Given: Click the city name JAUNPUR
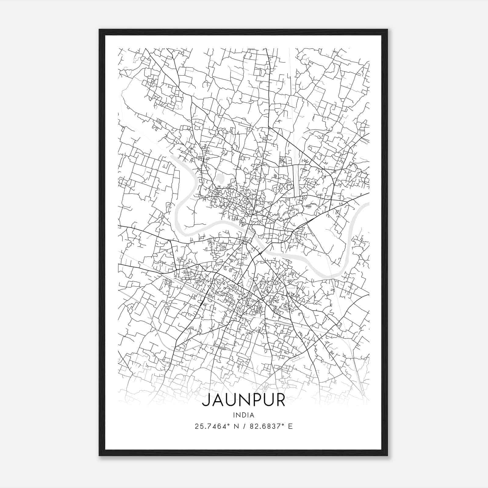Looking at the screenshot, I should click(243, 400).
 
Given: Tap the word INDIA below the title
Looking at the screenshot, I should click(243, 415).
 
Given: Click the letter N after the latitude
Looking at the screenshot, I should click(235, 426).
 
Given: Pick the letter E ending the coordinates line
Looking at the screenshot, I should click(290, 426).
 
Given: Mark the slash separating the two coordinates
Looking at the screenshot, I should click(243, 426).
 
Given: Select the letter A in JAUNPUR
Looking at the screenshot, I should click(217, 400).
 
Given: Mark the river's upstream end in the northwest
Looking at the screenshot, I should click(172, 157).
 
